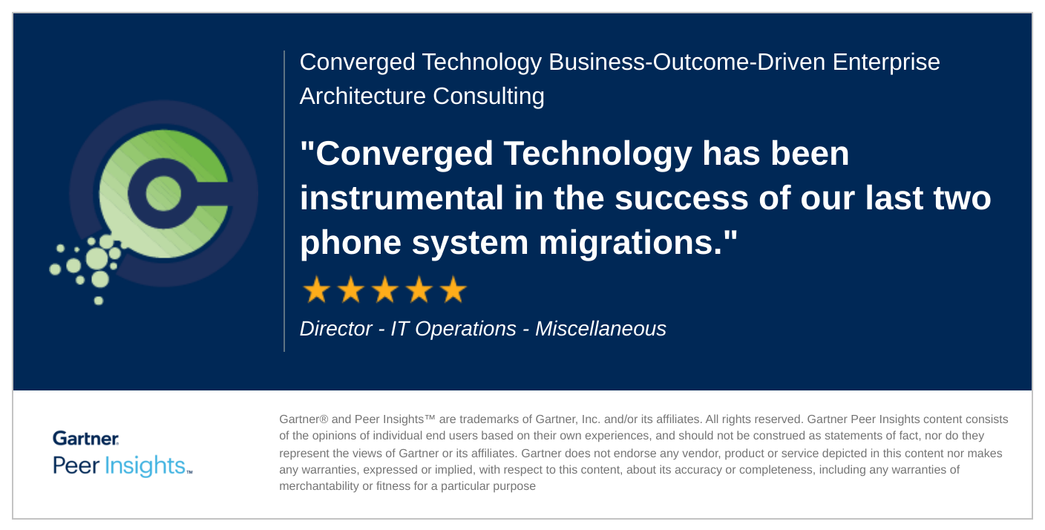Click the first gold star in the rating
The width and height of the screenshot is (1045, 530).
pyautogui.click(x=316, y=289)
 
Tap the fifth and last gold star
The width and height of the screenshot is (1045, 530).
pyautogui.click(x=453, y=289)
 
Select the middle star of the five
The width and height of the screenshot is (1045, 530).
pyautogui.click(x=385, y=289)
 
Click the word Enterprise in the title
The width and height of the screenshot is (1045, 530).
pyautogui.click(x=886, y=62)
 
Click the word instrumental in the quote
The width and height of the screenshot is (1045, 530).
pyautogui.click(x=402, y=198)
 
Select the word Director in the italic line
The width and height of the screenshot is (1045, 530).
pyautogui.click(x=336, y=328)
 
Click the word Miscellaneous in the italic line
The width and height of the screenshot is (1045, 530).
pyautogui.click(x=601, y=328)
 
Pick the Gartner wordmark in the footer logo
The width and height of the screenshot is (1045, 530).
pyautogui.click(x=86, y=438)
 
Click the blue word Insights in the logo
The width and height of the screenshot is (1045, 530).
pyautogui.click(x=145, y=466)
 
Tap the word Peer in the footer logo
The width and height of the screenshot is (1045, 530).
pyautogui.click(x=76, y=465)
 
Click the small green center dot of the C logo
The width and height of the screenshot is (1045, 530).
pyautogui.click(x=163, y=193)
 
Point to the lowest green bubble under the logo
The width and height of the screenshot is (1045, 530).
pyautogui.click(x=99, y=301)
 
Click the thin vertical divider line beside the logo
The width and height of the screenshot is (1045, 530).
pyautogui.click(x=284, y=200)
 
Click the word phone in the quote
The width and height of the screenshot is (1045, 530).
pyautogui.click(x=350, y=243)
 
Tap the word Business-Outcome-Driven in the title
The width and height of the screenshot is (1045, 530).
pyautogui.click(x=687, y=62)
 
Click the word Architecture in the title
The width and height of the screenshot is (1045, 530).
pyautogui.click(x=362, y=96)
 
